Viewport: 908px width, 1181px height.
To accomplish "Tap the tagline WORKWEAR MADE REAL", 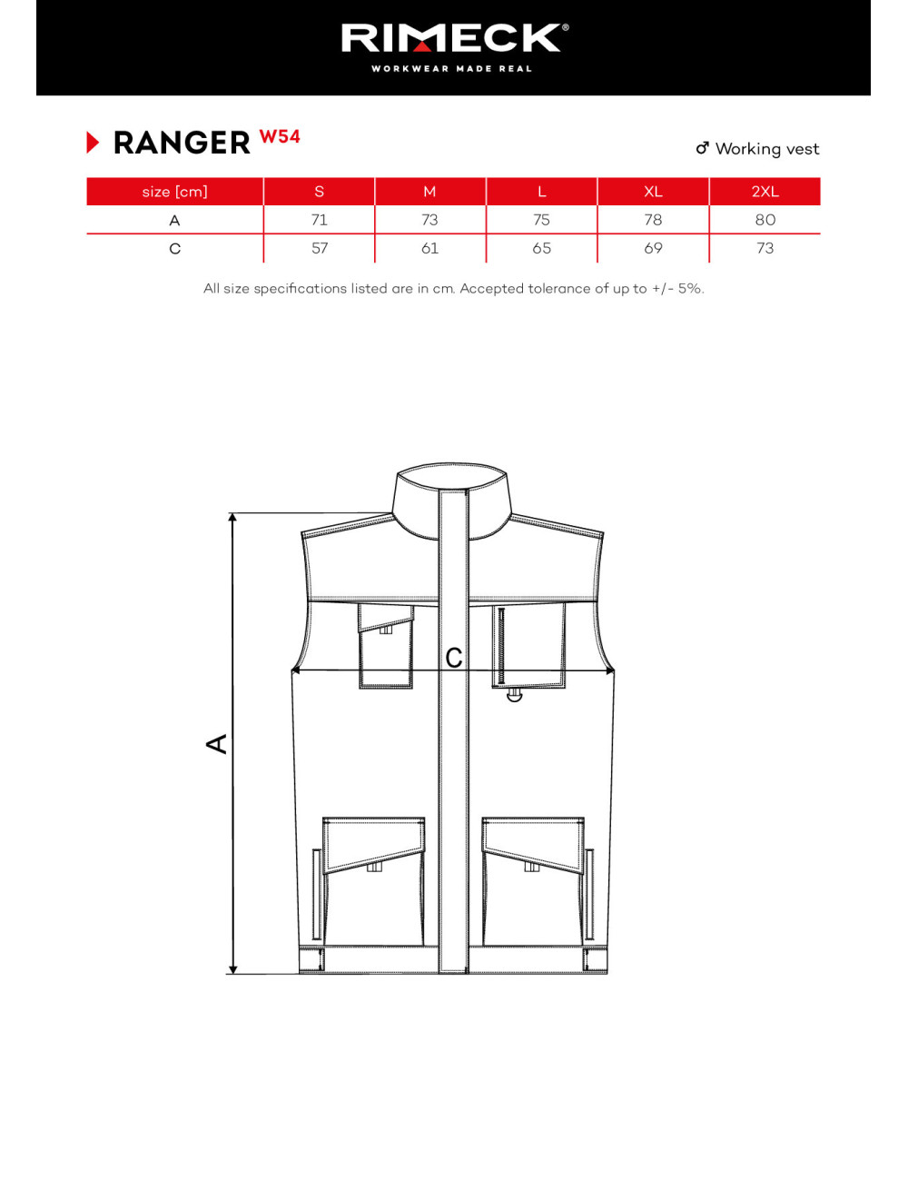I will pyautogui.click(x=451, y=69).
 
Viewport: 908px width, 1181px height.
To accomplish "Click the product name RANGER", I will pyautogui.click(x=182, y=143).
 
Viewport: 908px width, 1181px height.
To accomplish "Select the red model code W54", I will pyautogui.click(x=280, y=137).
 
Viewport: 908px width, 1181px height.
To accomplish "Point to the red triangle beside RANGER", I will pyautogui.click(x=93, y=143).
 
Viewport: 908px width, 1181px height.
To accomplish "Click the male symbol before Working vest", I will pyautogui.click(x=702, y=148).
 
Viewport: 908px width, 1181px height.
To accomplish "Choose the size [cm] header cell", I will pyautogui.click(x=174, y=192).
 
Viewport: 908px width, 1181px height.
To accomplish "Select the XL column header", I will pyautogui.click(x=653, y=192).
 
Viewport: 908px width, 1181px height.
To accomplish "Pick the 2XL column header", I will pyautogui.click(x=765, y=192).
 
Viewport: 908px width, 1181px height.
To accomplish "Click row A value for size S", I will pyautogui.click(x=320, y=220).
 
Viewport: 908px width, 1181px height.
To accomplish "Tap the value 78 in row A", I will pyautogui.click(x=653, y=220).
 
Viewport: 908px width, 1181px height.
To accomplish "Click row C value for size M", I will pyautogui.click(x=429, y=248).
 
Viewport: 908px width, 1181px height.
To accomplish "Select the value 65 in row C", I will pyautogui.click(x=541, y=248).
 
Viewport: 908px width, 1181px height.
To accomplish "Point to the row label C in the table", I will pyautogui.click(x=174, y=248).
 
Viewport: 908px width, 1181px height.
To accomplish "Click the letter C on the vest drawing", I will pyautogui.click(x=454, y=658).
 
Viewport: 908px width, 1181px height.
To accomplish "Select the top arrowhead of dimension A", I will pyautogui.click(x=233, y=518).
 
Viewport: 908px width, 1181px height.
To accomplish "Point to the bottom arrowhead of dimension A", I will pyautogui.click(x=233, y=969).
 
